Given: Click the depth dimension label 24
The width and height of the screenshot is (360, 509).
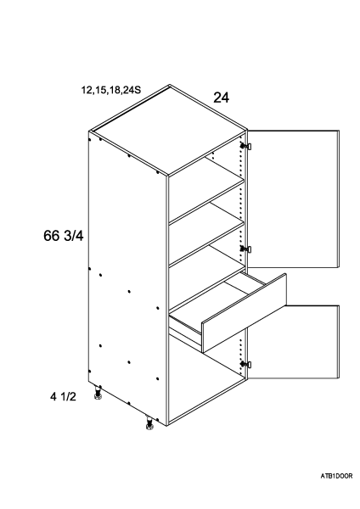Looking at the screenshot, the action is pos(221,98).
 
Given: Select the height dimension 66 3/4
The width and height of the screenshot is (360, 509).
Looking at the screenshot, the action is pos(64,236).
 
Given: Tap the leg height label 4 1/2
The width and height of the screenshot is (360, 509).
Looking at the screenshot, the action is pos(63,396).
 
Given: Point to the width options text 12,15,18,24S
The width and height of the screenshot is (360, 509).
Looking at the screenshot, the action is pos(111,90).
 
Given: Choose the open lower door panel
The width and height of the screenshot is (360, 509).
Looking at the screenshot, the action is pos(294,343).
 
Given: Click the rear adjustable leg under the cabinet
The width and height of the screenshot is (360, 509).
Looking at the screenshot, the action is pos(98,392).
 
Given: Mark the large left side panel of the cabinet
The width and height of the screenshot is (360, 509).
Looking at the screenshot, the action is pos(127,277).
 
